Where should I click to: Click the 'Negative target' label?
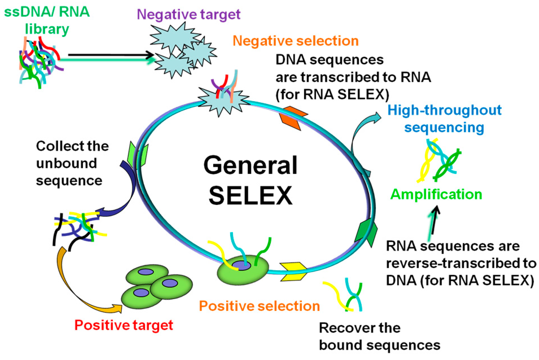[x=188, y=14]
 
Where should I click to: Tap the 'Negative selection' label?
[x=295, y=41]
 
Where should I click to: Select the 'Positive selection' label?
[x=259, y=306]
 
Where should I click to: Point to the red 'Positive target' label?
[x=124, y=325]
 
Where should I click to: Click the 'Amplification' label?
[x=436, y=194]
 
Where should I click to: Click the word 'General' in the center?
[x=250, y=165]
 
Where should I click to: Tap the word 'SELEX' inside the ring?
[x=250, y=195]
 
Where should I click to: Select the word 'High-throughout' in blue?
[x=445, y=110]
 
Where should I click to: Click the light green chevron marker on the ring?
[x=138, y=154]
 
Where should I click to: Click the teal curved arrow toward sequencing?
[x=361, y=130]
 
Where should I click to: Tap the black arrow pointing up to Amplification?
[x=435, y=220]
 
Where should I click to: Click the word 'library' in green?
[x=47, y=29]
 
